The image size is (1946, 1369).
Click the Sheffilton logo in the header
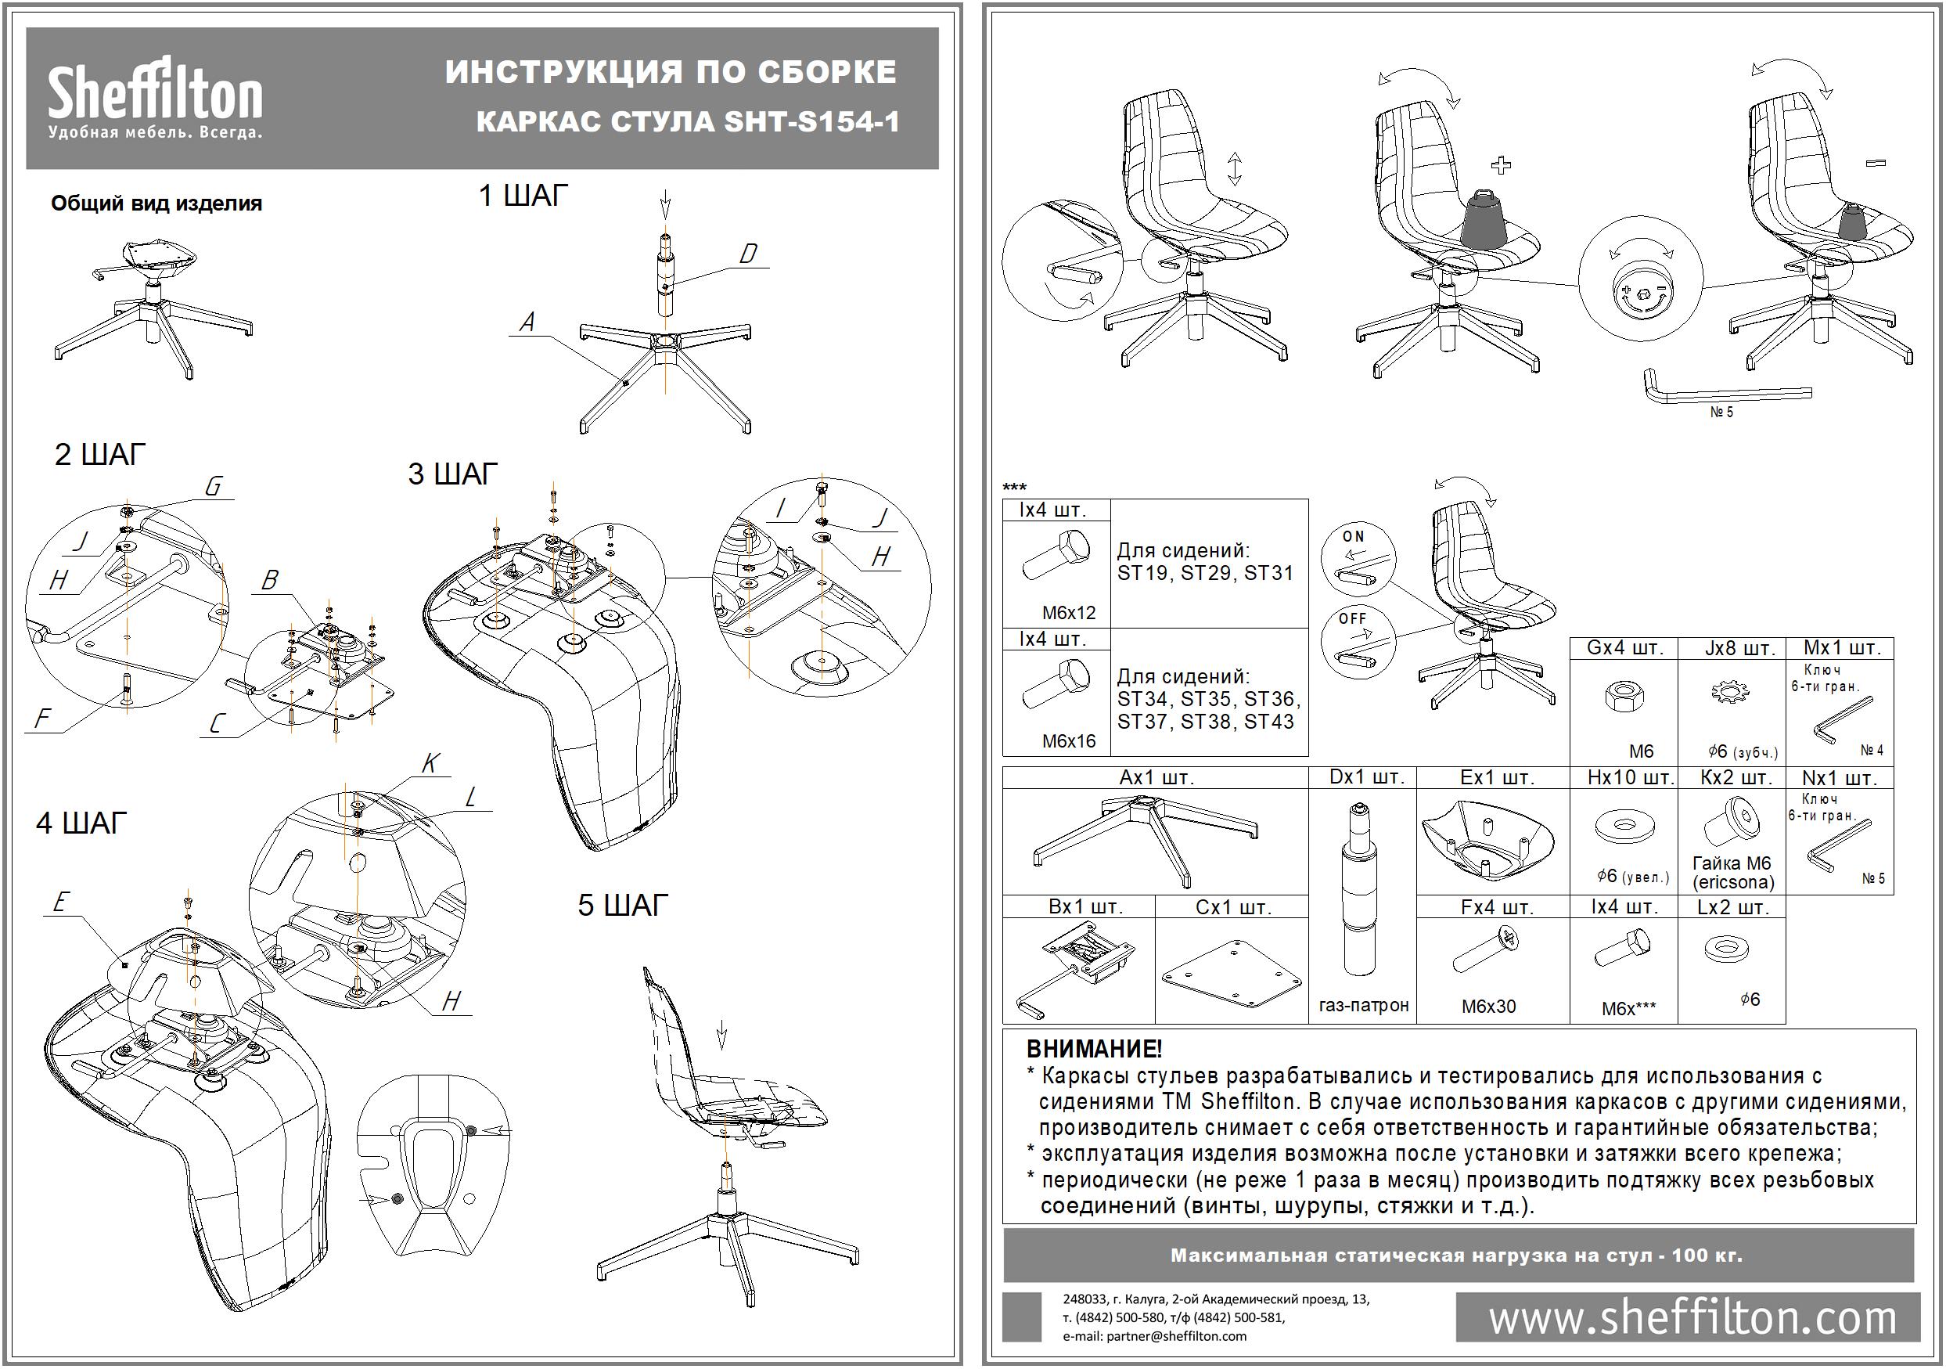click(x=155, y=98)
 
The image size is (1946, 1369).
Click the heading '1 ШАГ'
click(x=523, y=196)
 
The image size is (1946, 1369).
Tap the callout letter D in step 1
click(x=747, y=254)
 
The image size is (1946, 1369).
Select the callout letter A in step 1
click(x=527, y=322)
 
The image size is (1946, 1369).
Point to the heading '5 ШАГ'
click(x=623, y=906)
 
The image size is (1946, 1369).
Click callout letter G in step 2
click(x=213, y=487)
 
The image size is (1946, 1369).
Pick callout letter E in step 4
click(x=59, y=902)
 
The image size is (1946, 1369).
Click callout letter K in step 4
click(x=430, y=764)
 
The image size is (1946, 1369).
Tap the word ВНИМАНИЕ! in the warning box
click(x=1093, y=1050)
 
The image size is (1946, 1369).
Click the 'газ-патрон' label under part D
click(x=1363, y=1005)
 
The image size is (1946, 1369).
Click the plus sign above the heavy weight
click(x=1501, y=164)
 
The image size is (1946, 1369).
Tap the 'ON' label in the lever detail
click(x=1354, y=537)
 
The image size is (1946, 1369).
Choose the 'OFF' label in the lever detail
click(x=1353, y=619)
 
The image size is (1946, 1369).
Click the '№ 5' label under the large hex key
click(x=1721, y=412)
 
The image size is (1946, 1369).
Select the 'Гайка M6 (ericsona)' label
click(x=1732, y=872)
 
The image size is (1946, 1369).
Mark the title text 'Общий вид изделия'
click(x=156, y=204)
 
